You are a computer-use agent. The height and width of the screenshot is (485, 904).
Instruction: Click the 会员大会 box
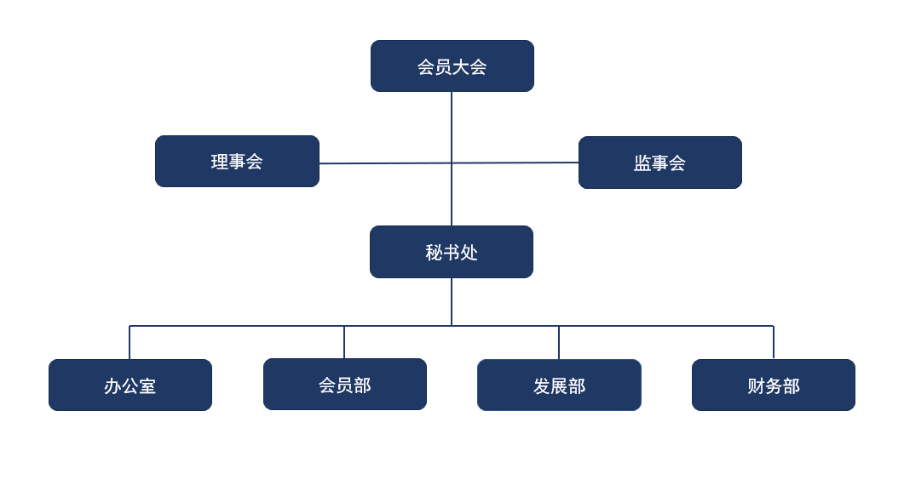coord(452,66)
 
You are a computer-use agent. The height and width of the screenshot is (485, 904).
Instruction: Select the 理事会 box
coord(237,162)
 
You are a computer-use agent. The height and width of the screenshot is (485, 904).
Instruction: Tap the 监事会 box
coord(659,163)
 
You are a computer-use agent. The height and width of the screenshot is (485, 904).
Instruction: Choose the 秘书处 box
coord(452,252)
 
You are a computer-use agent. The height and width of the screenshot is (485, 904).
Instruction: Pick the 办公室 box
coord(130,385)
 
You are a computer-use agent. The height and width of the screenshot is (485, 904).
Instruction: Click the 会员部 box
coord(344,385)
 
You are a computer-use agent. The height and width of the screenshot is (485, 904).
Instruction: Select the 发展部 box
coord(559,385)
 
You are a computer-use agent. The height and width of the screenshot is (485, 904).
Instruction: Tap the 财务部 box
coord(773,385)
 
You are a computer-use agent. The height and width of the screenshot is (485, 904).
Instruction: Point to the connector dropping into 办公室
coord(130,342)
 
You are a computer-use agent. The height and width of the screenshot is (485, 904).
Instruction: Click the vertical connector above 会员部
coord(344,342)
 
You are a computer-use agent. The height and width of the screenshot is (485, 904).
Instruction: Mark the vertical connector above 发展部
coord(559,342)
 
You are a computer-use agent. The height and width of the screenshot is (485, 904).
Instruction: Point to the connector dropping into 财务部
coord(774,342)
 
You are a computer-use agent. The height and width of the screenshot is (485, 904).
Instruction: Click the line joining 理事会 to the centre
coord(383,163)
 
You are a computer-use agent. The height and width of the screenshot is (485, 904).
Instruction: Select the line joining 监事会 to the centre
coord(515,163)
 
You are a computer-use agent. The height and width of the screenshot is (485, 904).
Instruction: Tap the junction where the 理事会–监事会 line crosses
coord(452,163)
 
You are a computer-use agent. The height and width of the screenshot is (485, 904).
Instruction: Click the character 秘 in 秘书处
coord(434,253)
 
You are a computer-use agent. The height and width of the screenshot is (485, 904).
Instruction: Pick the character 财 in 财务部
coord(756,386)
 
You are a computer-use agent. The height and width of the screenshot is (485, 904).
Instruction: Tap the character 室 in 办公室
coord(147,386)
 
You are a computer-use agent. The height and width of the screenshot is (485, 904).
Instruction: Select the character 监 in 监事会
coord(642,163)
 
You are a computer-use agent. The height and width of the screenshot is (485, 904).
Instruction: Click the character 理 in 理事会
coord(220,162)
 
